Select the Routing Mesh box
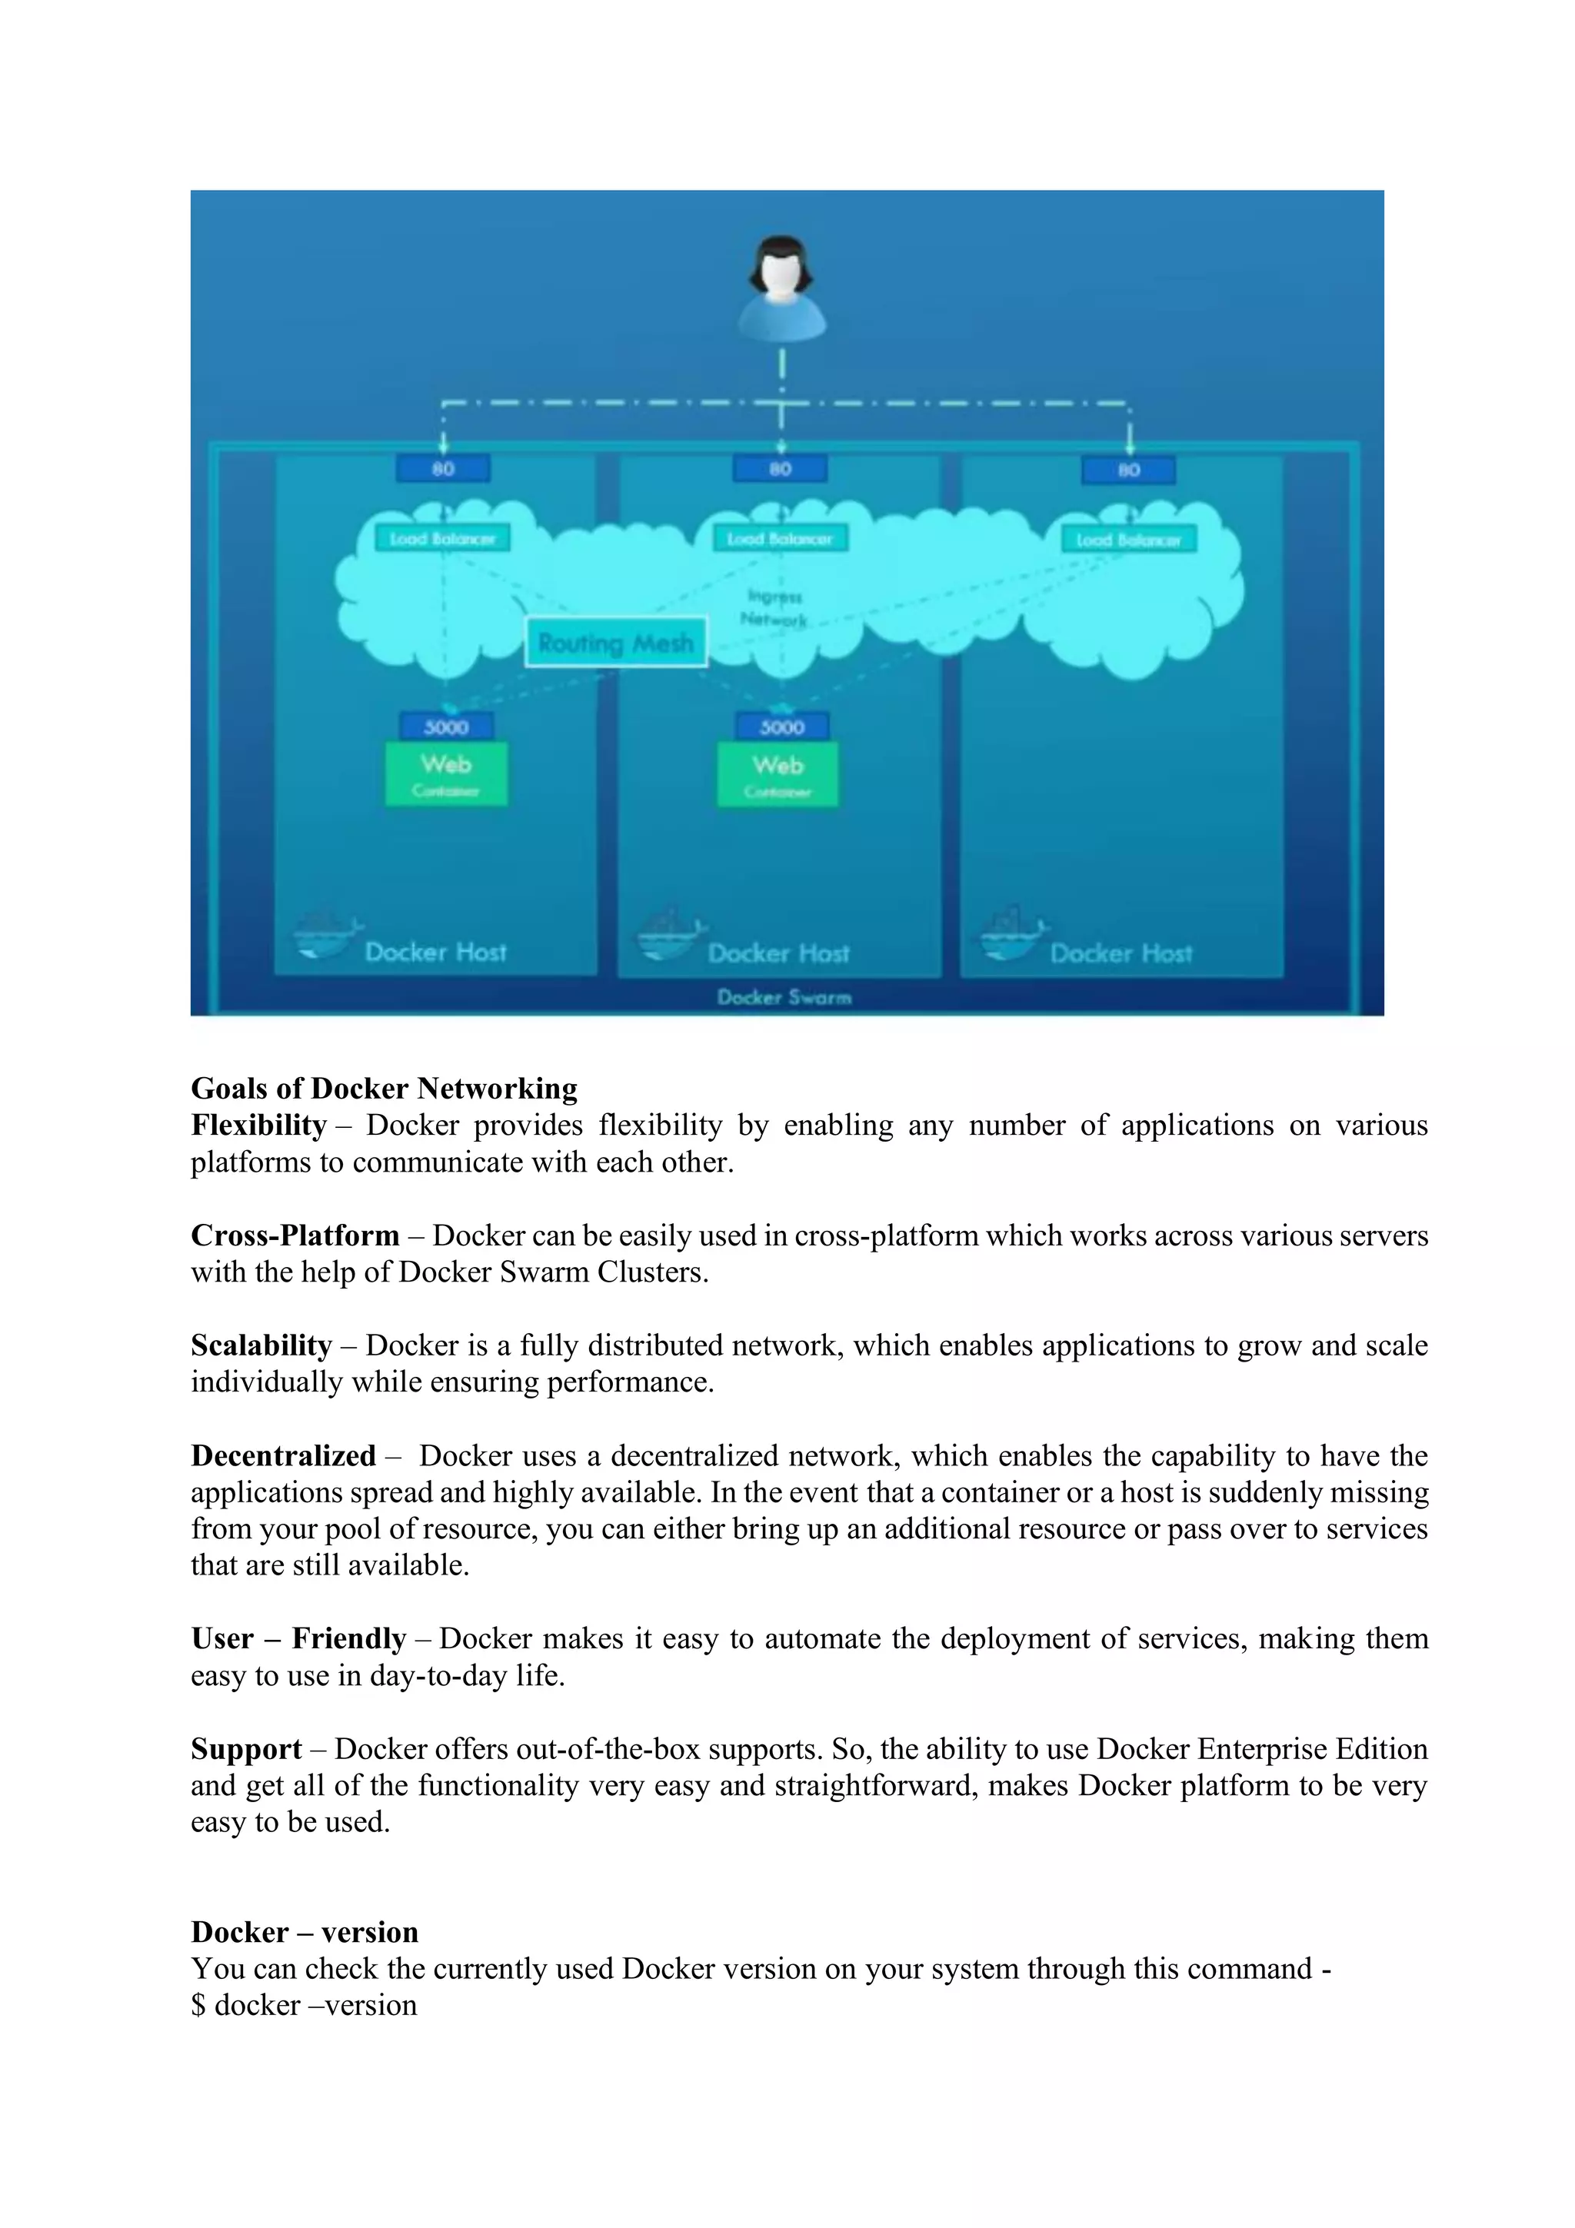pos(615,643)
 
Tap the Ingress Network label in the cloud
pos(774,607)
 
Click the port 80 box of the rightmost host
pos(1129,471)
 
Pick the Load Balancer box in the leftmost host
pos(442,539)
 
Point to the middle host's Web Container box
pos(778,774)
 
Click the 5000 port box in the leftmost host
pos(446,727)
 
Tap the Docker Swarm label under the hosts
pos(784,996)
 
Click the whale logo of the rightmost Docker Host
pos(1011,934)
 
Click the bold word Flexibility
pos(258,1125)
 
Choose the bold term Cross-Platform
pos(295,1235)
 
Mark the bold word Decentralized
pos(283,1455)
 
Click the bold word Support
pos(247,1748)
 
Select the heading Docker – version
pos(305,1932)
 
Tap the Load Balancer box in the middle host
pos(781,539)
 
